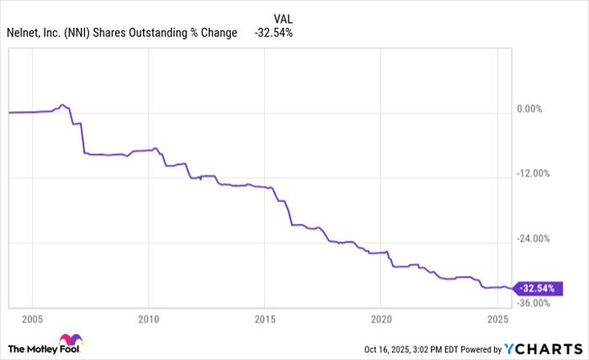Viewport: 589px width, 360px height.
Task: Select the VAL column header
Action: (x=284, y=18)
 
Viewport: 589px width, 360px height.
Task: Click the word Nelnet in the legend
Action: (x=24, y=33)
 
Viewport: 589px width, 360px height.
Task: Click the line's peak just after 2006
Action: (x=62, y=105)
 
